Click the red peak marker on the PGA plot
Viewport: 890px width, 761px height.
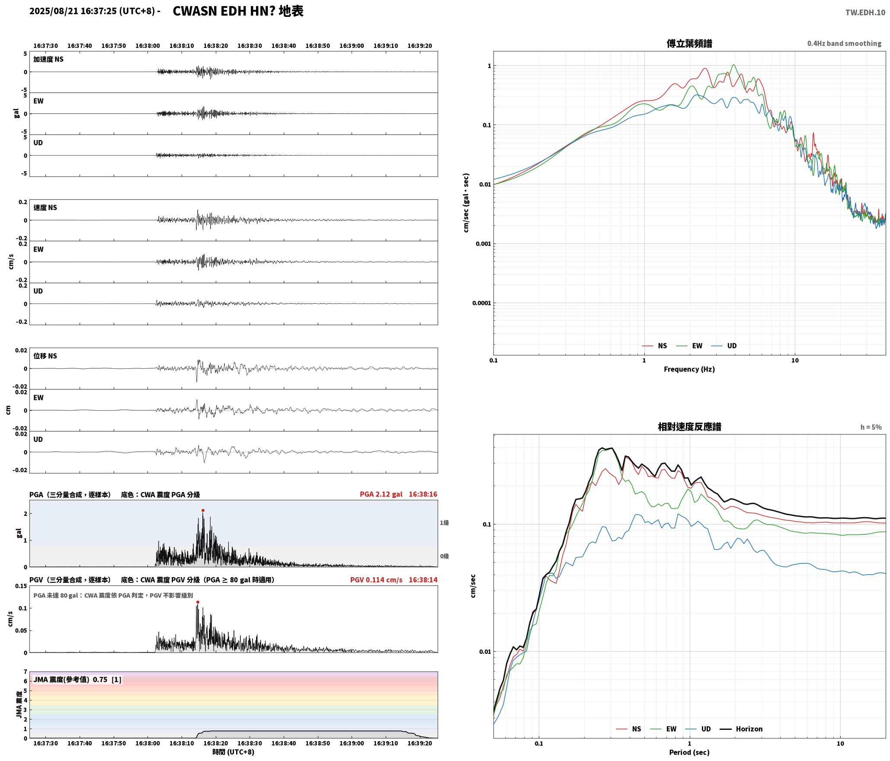203,511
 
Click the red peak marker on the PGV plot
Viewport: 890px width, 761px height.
198,602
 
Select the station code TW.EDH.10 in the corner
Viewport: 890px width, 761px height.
865,13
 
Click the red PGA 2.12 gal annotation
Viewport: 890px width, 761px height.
381,494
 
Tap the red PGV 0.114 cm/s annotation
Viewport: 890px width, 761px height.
376,580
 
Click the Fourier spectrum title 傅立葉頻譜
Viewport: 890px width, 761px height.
689,44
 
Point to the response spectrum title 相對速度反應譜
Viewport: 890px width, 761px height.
689,427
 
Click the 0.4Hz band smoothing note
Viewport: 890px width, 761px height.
844,44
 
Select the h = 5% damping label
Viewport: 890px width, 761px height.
871,427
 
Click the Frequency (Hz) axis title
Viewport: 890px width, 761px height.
689,369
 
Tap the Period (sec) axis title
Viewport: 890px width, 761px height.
689,752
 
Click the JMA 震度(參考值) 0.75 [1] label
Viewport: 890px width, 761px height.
77,680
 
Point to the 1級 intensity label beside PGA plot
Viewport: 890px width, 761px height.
445,523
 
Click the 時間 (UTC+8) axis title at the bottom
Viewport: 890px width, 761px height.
233,752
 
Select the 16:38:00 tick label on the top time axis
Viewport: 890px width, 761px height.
147,46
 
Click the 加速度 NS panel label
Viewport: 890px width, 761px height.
48,59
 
